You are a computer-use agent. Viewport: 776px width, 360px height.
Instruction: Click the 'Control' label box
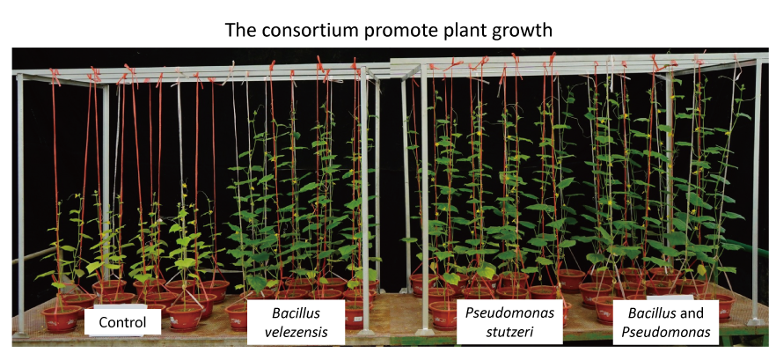(x=123, y=322)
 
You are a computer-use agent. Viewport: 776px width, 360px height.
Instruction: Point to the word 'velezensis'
(x=296, y=331)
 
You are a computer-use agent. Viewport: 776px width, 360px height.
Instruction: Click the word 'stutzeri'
(x=509, y=331)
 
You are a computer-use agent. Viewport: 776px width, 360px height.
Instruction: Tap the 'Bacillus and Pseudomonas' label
(x=666, y=322)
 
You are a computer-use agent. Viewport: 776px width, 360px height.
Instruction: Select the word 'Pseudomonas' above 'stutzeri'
(x=509, y=313)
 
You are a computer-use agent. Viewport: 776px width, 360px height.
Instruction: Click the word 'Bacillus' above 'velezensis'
(x=296, y=313)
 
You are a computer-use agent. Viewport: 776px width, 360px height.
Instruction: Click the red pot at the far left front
(x=62, y=319)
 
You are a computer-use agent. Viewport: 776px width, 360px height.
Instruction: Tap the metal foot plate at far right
(x=757, y=322)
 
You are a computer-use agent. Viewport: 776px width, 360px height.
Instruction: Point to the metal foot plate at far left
(x=21, y=334)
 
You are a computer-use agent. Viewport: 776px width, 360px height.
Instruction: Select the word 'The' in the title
(x=240, y=30)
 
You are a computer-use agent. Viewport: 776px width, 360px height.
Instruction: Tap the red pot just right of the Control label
(x=185, y=316)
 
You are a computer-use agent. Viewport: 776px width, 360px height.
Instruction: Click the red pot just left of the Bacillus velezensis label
(x=237, y=316)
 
